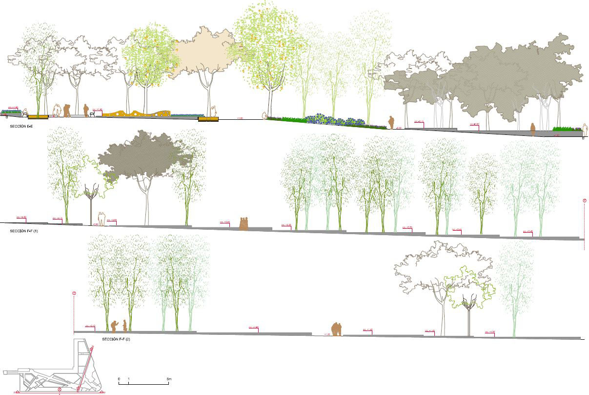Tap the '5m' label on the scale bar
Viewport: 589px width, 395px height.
point(169,379)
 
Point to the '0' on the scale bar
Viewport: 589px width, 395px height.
point(119,379)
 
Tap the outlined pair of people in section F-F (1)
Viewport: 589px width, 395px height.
point(101,217)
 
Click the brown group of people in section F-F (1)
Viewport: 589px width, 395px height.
point(244,223)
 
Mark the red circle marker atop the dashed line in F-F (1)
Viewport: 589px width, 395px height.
point(584,201)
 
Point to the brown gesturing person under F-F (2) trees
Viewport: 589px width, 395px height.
point(115,326)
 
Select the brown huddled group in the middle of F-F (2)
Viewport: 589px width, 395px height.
point(337,329)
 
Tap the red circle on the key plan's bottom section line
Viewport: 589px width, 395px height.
point(60,389)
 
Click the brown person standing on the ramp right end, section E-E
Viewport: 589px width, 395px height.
point(533,129)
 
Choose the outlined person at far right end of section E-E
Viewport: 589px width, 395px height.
point(584,130)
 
